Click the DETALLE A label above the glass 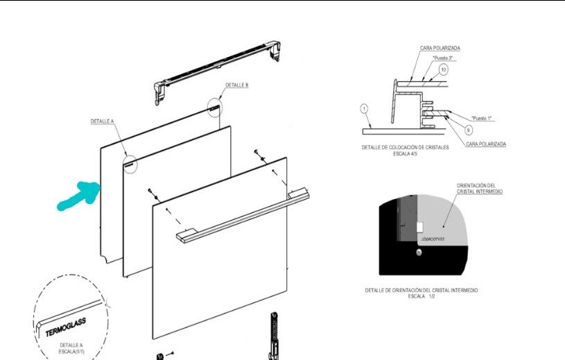[102, 121]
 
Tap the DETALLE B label [236, 85]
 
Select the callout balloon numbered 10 [444, 69]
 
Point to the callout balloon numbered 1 [365, 109]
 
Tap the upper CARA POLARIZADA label [440, 48]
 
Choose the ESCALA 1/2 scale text [421, 295]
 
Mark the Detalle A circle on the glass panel [130, 161]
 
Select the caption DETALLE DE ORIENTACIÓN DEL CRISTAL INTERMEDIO [421, 289]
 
